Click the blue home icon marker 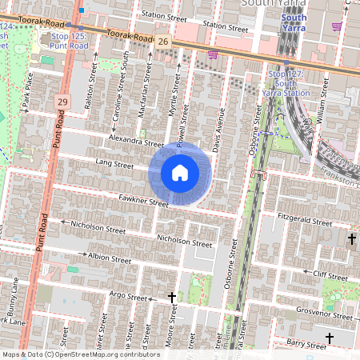pos(180,173)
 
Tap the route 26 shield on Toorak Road pos(163,41)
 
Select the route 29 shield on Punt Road pos(63,102)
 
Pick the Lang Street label pos(114,165)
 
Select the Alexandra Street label pos(138,141)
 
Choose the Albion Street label pos(110,258)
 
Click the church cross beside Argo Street pos(171,298)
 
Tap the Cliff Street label pos(330,274)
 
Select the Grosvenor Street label pos(324,313)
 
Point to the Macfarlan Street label pos(146,85)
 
